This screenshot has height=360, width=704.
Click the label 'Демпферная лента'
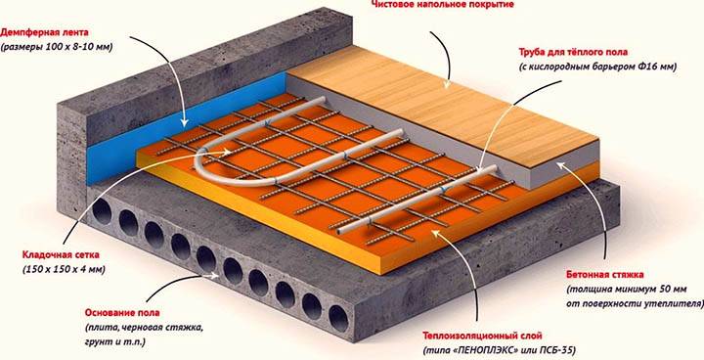(51, 32)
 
